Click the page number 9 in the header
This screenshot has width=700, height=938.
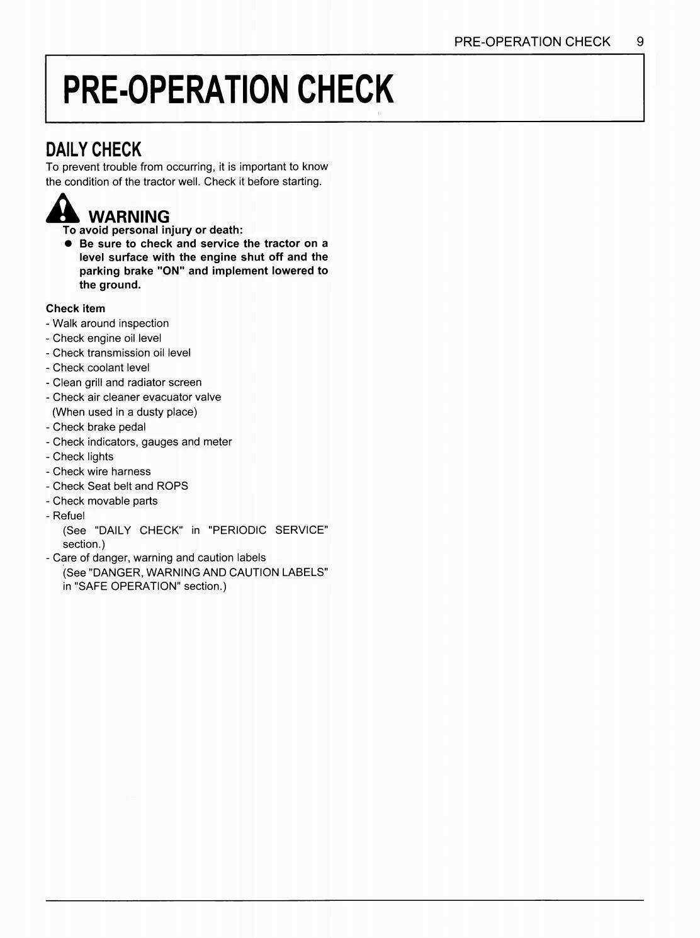point(640,42)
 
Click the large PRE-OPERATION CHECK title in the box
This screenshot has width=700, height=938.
point(229,89)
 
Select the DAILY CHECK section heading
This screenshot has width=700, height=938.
point(94,150)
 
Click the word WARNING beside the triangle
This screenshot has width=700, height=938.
point(129,217)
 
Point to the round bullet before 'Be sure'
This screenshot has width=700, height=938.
point(68,244)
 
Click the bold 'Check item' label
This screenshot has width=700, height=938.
point(76,308)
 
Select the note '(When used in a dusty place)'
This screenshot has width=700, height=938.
point(125,412)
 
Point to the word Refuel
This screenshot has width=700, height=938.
point(68,516)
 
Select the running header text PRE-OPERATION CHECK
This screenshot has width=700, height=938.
point(532,42)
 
